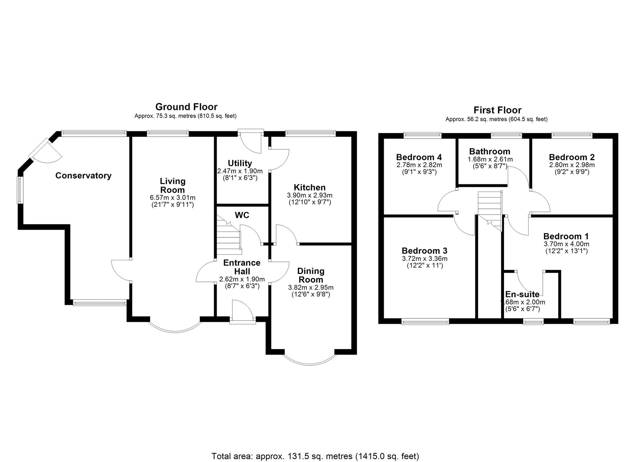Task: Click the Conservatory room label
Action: [x=83, y=175]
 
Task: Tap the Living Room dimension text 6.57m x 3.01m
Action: [x=172, y=198]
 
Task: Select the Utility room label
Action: [x=240, y=163]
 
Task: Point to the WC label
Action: [x=242, y=215]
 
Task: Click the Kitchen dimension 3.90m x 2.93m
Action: [x=309, y=195]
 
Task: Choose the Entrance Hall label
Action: [x=242, y=267]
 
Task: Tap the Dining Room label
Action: [x=311, y=275]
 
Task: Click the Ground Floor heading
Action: [x=186, y=106]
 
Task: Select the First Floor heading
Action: [x=497, y=110]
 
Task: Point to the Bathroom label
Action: [x=489, y=151]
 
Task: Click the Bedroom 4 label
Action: [x=419, y=157]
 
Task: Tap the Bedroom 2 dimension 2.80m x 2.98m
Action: [x=571, y=165]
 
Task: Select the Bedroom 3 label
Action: [x=424, y=251]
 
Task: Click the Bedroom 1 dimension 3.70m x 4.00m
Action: [x=566, y=244]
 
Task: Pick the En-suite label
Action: [x=522, y=294]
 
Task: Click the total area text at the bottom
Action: [x=315, y=456]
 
